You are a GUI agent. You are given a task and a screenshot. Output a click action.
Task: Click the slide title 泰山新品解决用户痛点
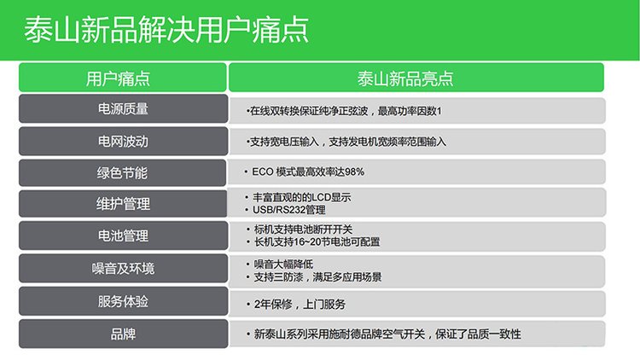[x=166, y=30]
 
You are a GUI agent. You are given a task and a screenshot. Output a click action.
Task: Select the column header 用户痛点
[x=118, y=78]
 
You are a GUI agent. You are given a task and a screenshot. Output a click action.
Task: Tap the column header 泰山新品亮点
[x=405, y=78]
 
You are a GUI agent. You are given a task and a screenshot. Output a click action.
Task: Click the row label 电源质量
[x=123, y=109]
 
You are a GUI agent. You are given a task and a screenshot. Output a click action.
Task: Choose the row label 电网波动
[x=123, y=142]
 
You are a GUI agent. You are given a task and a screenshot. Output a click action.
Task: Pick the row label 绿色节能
[x=122, y=173]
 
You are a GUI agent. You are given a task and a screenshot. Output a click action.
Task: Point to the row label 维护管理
[x=123, y=204]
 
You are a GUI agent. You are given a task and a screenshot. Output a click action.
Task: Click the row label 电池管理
[x=123, y=235]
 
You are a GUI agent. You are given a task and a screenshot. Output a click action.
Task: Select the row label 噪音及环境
[x=123, y=269]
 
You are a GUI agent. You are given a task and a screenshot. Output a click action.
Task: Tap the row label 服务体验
[x=123, y=302]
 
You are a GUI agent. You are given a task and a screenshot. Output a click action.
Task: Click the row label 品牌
[x=123, y=334]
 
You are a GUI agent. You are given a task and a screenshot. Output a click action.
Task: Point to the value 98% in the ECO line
[x=354, y=171]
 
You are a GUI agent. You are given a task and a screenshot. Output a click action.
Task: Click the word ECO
[x=263, y=171]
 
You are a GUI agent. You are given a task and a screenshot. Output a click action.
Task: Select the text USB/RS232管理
[x=289, y=210]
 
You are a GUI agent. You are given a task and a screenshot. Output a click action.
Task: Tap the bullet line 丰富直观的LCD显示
[x=301, y=198]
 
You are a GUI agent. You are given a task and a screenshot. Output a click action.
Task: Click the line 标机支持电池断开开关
[x=303, y=229]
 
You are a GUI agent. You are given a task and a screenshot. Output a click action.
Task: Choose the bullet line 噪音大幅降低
[x=283, y=264]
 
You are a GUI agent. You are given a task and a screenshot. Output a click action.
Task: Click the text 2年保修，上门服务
[x=300, y=304]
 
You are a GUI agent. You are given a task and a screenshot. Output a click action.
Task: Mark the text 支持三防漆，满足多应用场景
[x=317, y=277]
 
